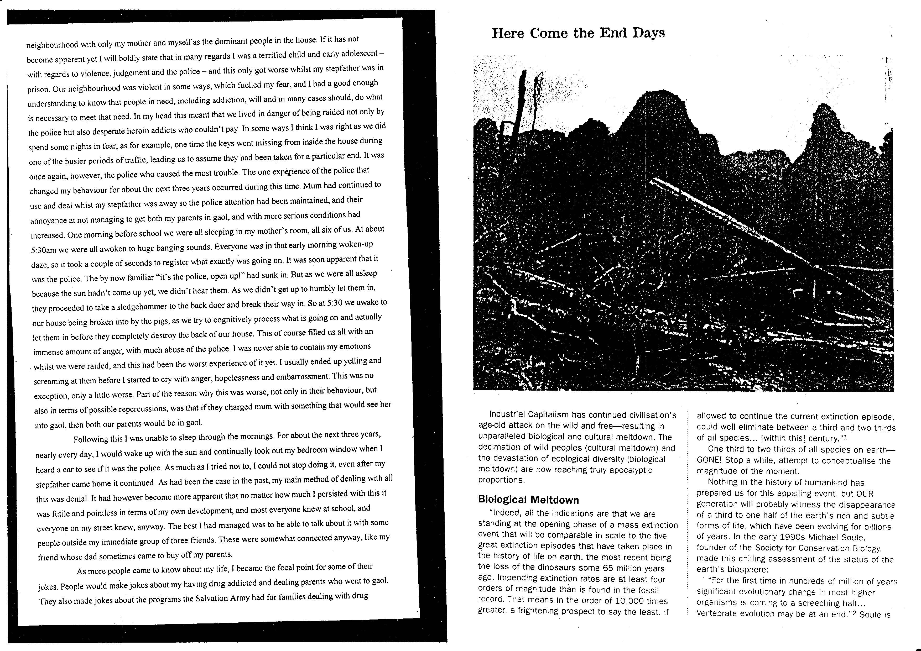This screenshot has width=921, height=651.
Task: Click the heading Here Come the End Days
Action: tap(578, 33)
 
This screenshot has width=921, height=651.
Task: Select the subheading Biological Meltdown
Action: tap(528, 500)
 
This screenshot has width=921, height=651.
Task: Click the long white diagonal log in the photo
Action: tap(762, 237)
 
